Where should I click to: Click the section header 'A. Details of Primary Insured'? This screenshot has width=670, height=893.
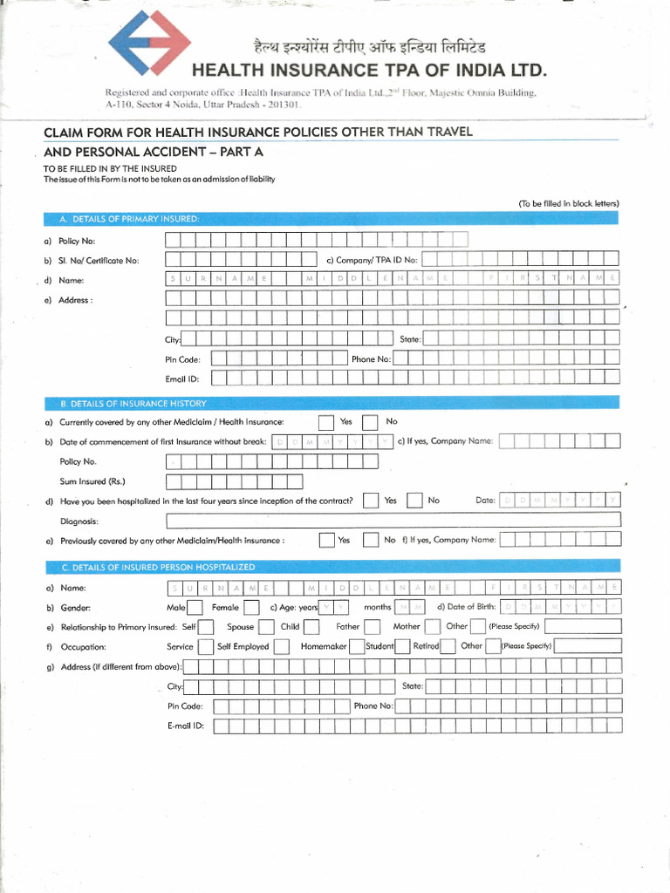coord(130,217)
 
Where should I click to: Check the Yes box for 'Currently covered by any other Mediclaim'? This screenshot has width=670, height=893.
coord(326,423)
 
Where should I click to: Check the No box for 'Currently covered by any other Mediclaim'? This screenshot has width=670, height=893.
coord(371,423)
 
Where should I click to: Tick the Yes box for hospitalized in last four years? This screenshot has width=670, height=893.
coord(371,501)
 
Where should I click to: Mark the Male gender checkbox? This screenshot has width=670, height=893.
coord(195,607)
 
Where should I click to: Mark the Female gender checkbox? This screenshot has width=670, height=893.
coord(251,607)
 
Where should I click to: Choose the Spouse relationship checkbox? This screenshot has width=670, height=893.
coord(266,627)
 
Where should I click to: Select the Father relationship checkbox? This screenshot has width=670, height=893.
coord(372,627)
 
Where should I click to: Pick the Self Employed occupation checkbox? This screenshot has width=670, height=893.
coord(282,646)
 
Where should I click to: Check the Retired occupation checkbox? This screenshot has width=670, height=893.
coord(448,646)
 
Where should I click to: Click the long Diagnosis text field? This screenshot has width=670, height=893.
coord(393,521)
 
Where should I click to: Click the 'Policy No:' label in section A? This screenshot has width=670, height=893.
coord(77,241)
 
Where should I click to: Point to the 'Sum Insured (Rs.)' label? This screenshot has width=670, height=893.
coord(92,481)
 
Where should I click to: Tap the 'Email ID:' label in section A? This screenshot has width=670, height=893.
coord(182,379)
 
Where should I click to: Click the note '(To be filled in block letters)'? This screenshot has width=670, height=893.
coord(568,203)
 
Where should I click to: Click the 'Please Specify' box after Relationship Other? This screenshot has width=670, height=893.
coord(584,627)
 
